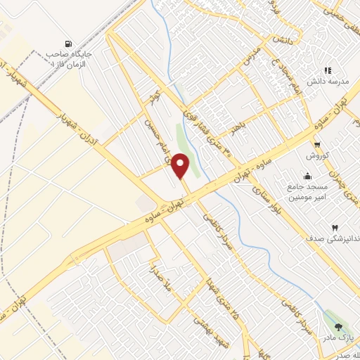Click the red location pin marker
click(x=181, y=165)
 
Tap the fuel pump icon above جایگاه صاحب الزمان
click(x=67, y=43)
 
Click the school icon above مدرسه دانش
click(x=327, y=70)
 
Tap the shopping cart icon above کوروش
click(x=318, y=144)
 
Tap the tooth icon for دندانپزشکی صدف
click(x=334, y=229)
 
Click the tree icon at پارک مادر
click(x=339, y=327)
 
